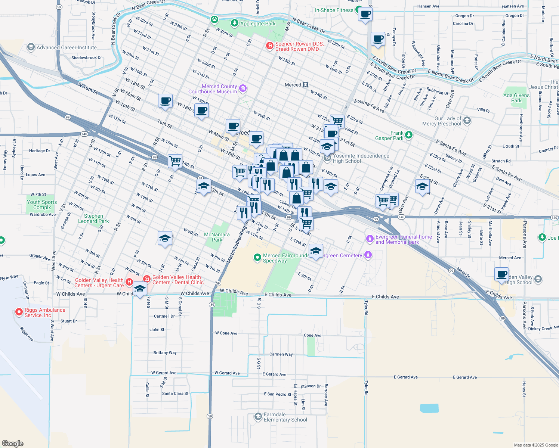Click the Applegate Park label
258,24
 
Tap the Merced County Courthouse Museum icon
243,88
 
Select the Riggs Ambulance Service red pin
19,312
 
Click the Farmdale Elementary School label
285,417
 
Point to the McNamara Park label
217,237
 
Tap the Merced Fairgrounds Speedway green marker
257,257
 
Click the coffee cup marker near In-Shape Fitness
365,15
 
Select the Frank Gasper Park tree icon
409,135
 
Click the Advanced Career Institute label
67,47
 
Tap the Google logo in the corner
13,443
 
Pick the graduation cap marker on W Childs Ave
140,289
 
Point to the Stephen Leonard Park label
93,218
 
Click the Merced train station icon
306,85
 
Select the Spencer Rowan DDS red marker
269,46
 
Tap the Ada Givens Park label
516,98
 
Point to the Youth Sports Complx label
42,205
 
